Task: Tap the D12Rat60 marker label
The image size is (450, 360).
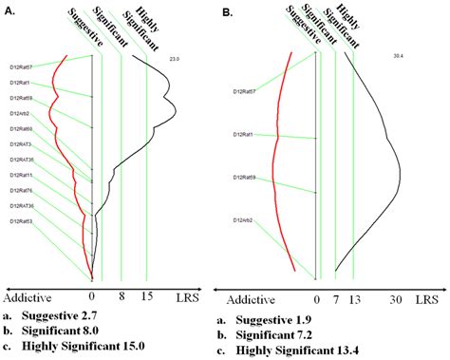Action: pos(22,128)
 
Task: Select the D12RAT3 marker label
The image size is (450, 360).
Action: pos(22,143)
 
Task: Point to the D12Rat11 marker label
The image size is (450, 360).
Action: pos(22,175)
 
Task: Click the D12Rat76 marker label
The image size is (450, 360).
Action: pos(22,190)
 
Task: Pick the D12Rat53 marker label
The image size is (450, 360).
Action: pos(22,221)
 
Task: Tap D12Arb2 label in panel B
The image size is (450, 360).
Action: pos(247,220)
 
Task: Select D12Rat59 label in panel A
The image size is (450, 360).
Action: pos(22,98)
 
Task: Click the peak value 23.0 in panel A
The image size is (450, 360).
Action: pos(174,60)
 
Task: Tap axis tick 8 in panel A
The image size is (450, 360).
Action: pos(120,296)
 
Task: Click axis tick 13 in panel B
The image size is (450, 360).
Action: pos(355,297)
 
